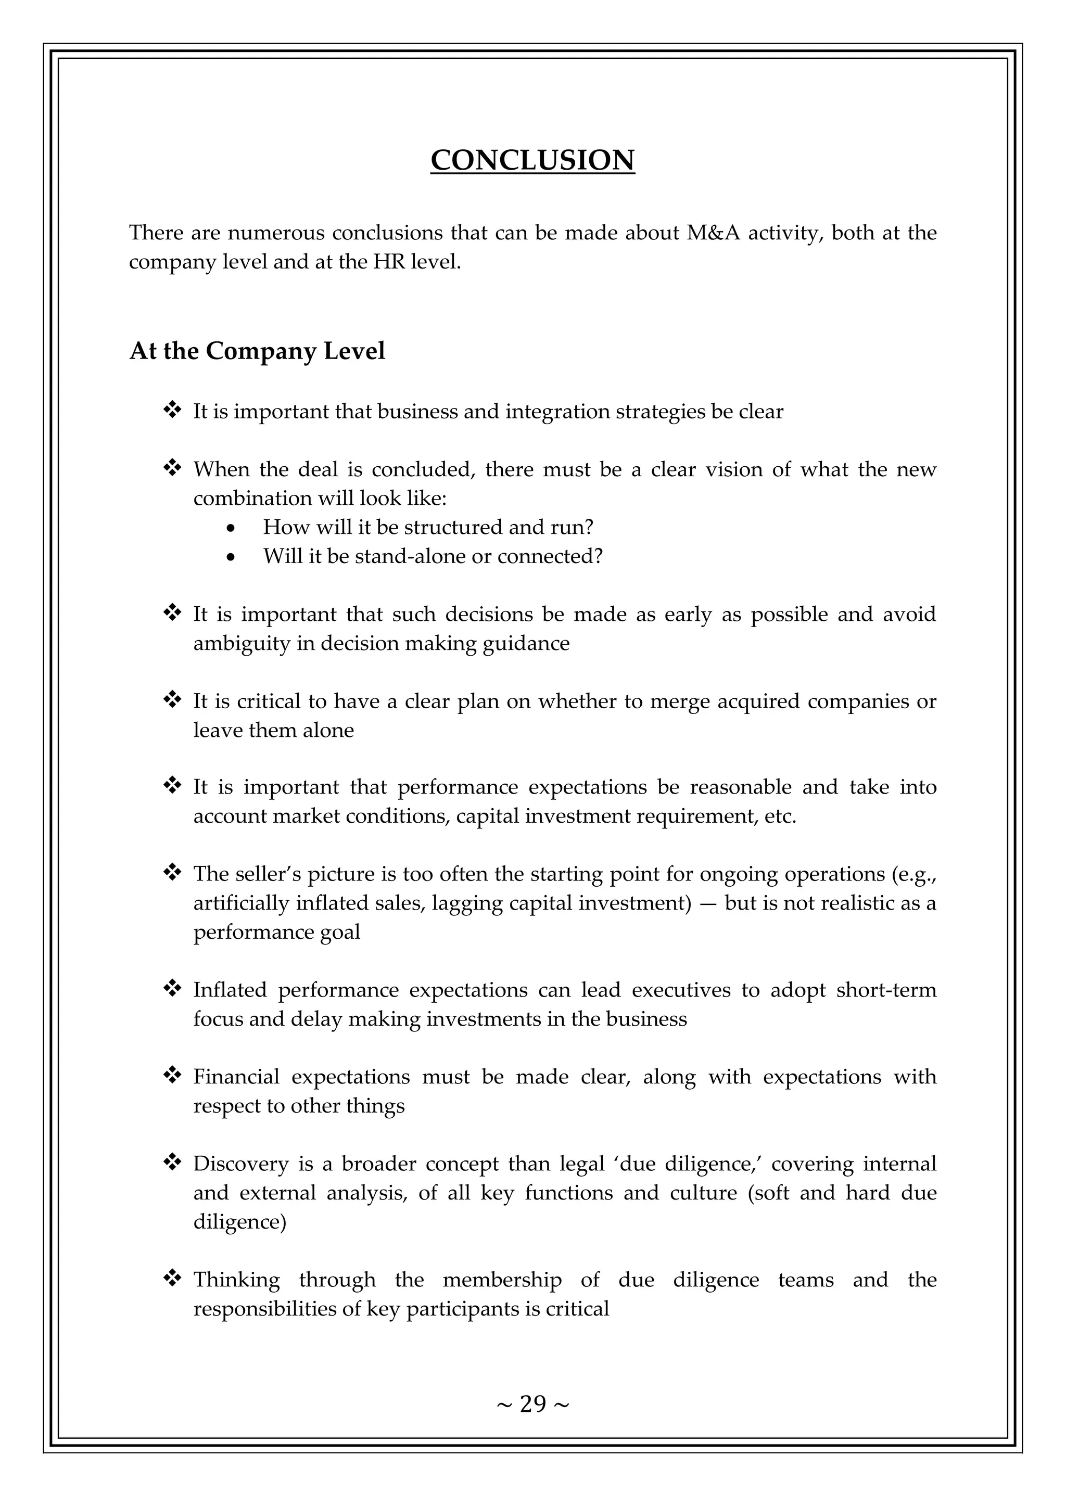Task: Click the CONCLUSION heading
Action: tap(532, 160)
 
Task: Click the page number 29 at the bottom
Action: tap(532, 1404)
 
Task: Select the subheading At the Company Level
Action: tap(257, 351)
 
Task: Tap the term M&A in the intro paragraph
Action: tap(713, 233)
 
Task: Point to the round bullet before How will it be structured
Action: tap(230, 528)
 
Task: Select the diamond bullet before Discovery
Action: tap(172, 1163)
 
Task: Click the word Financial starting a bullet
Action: tap(236, 1077)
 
